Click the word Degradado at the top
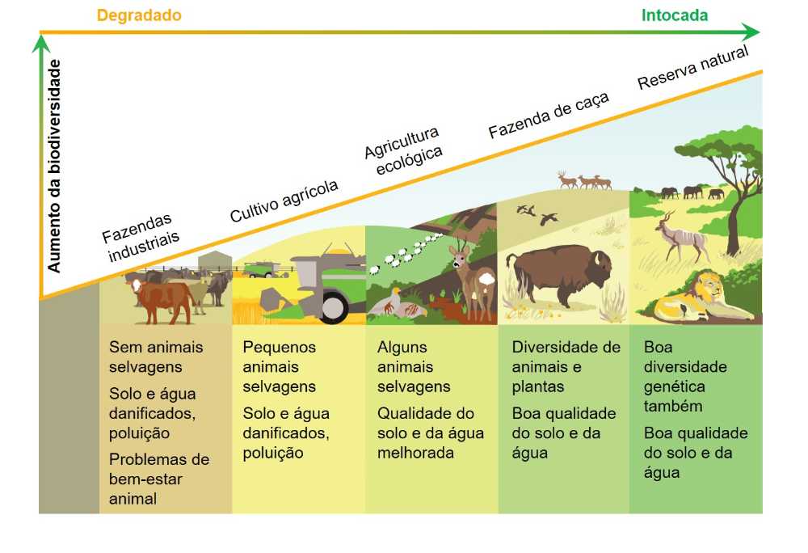click(x=139, y=15)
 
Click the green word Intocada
click(x=675, y=15)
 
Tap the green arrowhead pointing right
click(x=751, y=32)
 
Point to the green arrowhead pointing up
click(x=40, y=43)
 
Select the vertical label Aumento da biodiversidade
click(x=53, y=166)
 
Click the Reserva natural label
click(x=693, y=67)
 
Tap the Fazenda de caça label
click(x=549, y=115)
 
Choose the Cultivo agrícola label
click(x=284, y=201)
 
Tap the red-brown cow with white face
click(x=161, y=299)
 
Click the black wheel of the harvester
click(x=333, y=306)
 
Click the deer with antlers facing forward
click(x=473, y=281)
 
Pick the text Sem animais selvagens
click(x=156, y=357)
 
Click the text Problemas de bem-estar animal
click(x=159, y=479)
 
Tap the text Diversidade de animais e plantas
click(x=566, y=366)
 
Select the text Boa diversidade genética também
click(x=685, y=376)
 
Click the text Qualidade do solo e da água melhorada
click(x=431, y=433)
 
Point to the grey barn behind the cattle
click(x=215, y=262)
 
